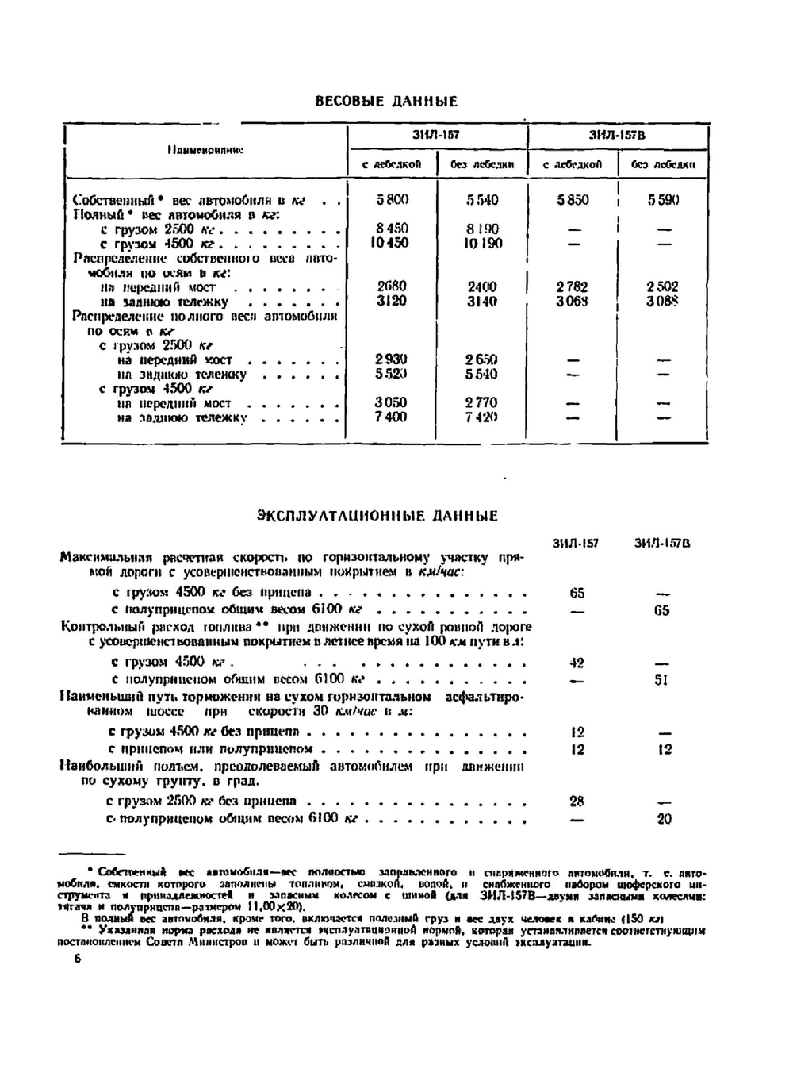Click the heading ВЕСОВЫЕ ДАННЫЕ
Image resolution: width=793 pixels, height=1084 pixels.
(386, 102)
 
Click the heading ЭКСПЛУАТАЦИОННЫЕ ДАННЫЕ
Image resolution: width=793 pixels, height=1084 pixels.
(377, 516)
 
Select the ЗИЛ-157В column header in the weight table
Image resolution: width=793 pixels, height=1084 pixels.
(617, 136)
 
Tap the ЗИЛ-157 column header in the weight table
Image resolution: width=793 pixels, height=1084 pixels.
(436, 136)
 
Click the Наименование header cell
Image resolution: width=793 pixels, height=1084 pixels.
(205, 149)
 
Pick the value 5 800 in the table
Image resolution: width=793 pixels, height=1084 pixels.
(393, 200)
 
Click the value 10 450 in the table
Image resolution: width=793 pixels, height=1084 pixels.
(390, 243)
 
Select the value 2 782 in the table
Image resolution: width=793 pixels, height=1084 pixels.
(573, 286)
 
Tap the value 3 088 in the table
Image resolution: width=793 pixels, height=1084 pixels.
(662, 302)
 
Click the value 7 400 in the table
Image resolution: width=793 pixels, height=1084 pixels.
(391, 417)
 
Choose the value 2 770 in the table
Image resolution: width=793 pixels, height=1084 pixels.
(481, 402)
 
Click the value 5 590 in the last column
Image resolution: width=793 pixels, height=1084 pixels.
(663, 200)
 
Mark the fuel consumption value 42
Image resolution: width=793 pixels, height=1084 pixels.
(577, 663)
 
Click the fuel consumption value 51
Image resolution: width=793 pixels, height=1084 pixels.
(662, 680)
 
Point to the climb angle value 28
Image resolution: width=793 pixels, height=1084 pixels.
(577, 801)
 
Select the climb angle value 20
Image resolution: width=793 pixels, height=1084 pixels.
(664, 819)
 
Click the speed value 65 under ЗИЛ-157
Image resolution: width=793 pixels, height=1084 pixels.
(577, 593)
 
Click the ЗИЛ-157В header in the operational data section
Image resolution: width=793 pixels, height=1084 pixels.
(661, 544)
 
